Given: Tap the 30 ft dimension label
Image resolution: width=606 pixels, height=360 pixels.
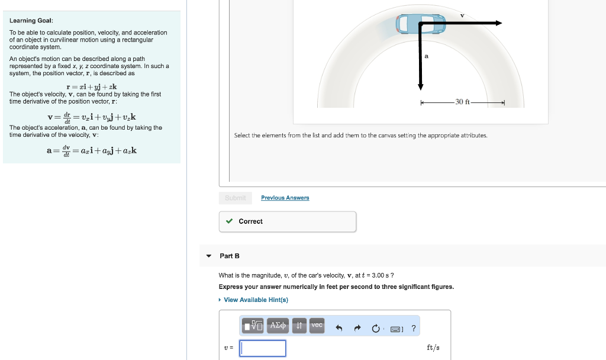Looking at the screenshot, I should click(x=463, y=102).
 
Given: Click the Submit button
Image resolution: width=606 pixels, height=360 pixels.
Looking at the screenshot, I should click(x=236, y=198).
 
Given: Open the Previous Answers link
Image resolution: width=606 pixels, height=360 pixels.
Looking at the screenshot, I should click(x=285, y=198).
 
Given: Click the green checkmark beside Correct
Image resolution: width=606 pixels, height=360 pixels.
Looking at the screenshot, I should click(x=230, y=221).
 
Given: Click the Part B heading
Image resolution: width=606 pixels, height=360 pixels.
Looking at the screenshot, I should click(x=230, y=256).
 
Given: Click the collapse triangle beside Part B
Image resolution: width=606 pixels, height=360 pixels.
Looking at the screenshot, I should click(x=208, y=256).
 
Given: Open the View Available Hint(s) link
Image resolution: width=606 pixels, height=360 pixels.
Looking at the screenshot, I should click(x=256, y=300).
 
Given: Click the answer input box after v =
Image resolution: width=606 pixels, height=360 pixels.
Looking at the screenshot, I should click(x=263, y=348).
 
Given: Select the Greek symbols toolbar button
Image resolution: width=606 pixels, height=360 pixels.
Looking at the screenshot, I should click(x=278, y=325).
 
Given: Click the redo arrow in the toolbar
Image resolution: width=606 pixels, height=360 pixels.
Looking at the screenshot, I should click(x=358, y=327).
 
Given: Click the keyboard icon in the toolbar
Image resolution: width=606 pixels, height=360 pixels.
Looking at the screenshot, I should click(x=397, y=328).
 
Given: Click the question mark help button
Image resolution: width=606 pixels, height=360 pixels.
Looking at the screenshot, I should click(x=413, y=327).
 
